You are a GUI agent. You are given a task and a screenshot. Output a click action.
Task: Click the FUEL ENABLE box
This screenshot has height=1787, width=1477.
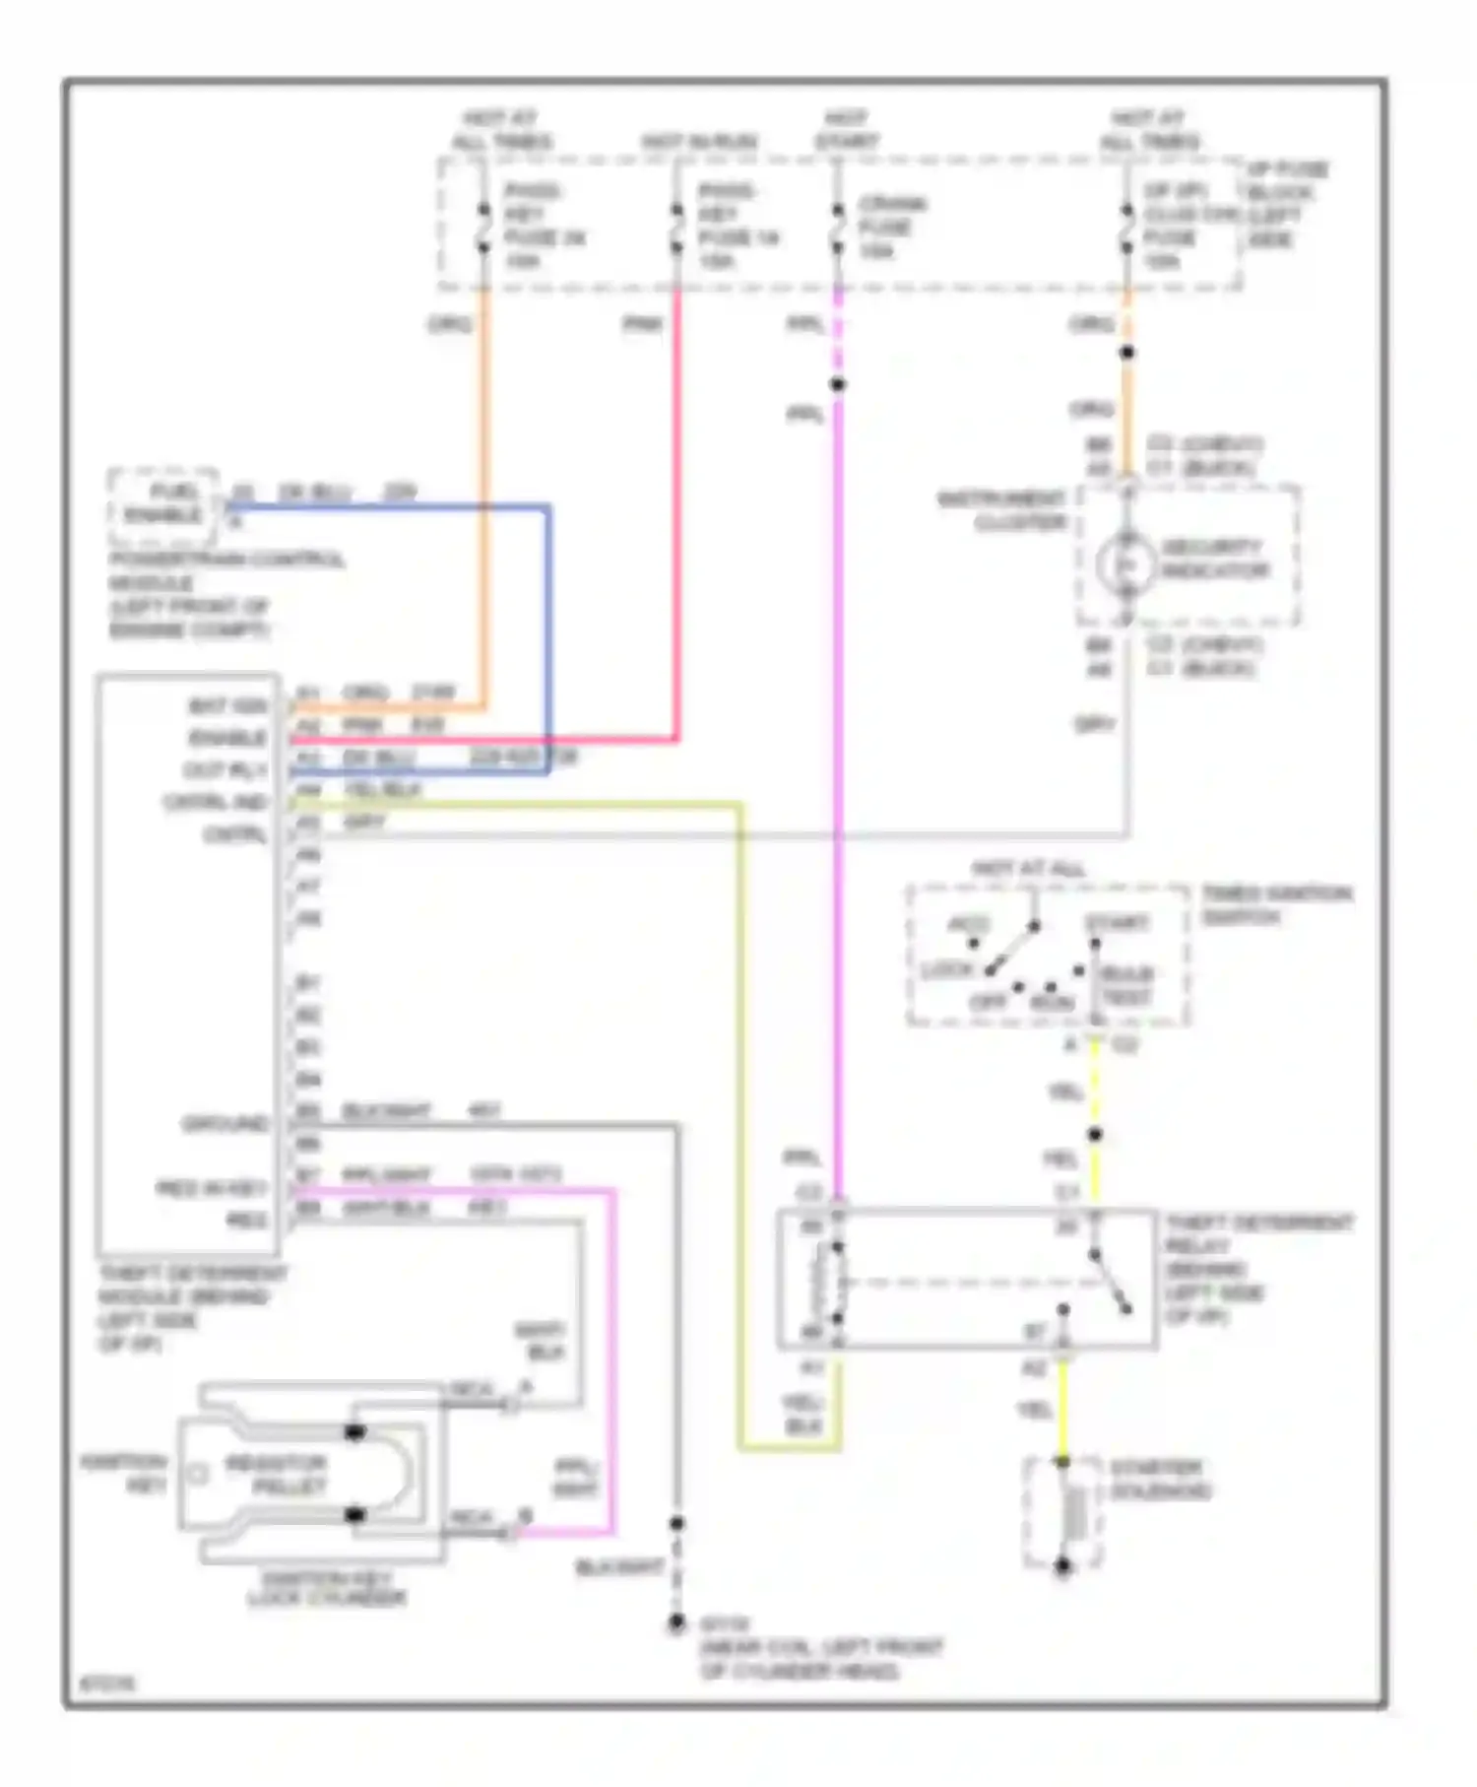pos(162,504)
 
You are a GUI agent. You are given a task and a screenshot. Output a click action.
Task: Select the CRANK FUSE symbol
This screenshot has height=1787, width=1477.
pos(837,229)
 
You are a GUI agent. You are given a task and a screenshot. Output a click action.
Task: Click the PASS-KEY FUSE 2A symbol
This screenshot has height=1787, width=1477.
pos(483,229)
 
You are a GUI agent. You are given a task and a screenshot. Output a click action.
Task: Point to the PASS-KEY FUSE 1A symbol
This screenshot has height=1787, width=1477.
pos(677,229)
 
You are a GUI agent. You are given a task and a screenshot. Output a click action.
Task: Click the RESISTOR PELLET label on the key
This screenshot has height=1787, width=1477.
pos(276,1475)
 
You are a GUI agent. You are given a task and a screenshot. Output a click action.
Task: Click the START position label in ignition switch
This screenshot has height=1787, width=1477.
pos(1117,922)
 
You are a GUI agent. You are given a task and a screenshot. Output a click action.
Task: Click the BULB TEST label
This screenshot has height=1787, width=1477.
pos(1126,985)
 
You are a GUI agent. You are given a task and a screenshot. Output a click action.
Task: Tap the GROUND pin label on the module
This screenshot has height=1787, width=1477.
pos(225,1123)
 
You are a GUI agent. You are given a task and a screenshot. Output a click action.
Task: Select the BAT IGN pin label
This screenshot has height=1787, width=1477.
pos(227,706)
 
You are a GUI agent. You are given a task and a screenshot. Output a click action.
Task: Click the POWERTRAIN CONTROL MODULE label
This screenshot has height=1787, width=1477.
pos(226,594)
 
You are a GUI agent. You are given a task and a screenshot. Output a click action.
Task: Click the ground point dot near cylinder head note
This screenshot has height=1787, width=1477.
pos(676,1622)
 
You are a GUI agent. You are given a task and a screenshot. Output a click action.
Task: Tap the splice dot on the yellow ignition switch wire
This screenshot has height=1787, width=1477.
pos(1095,1134)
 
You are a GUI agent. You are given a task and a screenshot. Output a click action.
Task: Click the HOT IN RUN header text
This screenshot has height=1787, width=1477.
pos(700,142)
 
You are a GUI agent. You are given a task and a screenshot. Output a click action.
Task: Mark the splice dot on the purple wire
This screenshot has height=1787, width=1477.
pos(837,384)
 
